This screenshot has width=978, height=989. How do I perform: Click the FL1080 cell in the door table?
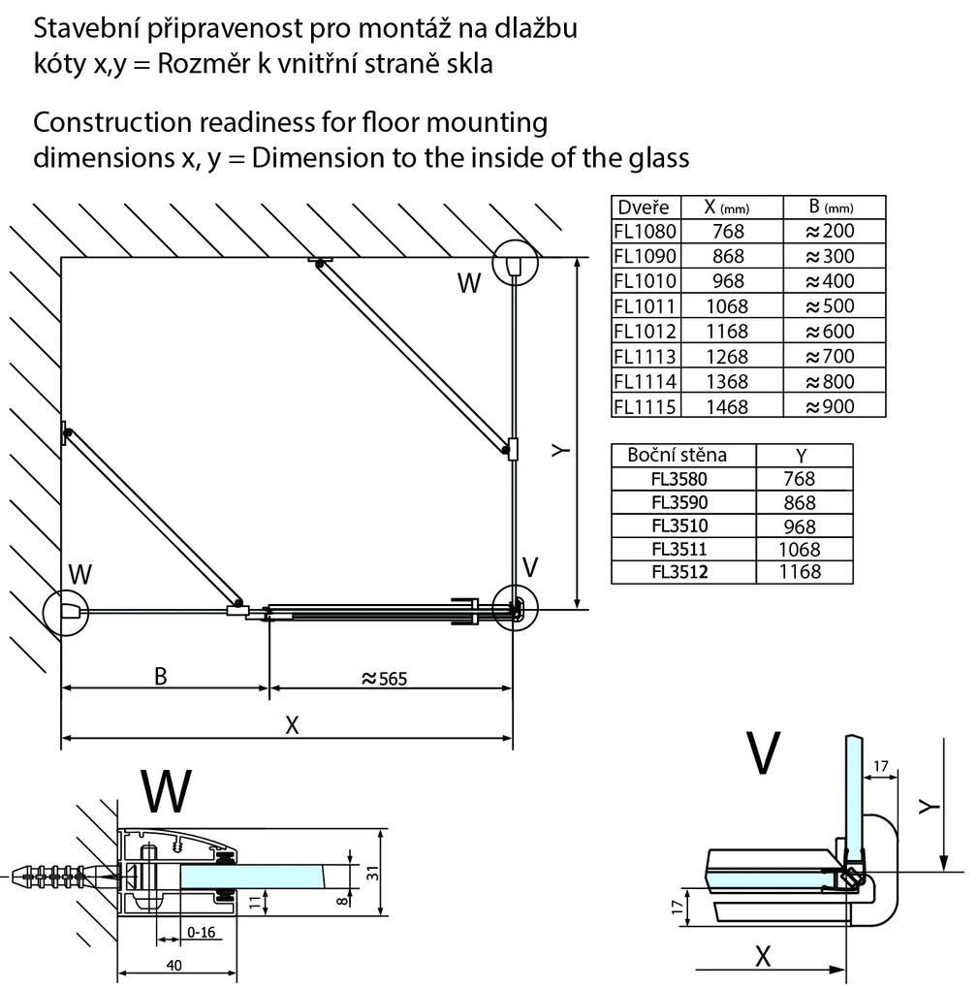click(x=645, y=232)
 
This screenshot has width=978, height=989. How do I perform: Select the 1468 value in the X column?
click(x=727, y=406)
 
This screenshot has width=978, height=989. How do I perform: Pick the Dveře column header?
click(x=642, y=207)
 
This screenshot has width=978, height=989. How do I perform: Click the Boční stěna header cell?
click(x=677, y=455)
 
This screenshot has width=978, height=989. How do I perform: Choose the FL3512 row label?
click(x=680, y=572)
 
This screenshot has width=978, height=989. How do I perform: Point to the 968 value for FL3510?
click(x=798, y=526)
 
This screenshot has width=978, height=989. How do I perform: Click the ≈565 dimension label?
click(x=384, y=679)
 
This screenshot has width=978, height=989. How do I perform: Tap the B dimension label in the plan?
click(x=161, y=676)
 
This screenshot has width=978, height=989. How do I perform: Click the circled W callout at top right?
click(x=514, y=263)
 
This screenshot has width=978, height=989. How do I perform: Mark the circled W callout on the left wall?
click(x=67, y=612)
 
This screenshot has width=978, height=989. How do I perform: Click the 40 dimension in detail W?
click(x=174, y=965)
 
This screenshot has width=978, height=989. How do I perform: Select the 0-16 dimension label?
click(x=202, y=932)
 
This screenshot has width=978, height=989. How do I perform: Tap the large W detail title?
click(x=166, y=790)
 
